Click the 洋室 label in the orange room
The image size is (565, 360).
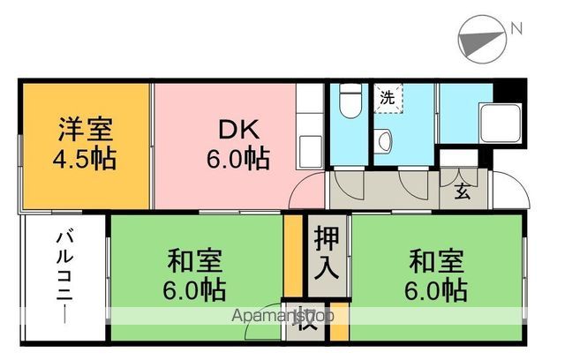coord(86,129)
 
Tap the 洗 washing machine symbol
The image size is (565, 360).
coord(387,97)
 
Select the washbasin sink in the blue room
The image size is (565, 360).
coord(383,139)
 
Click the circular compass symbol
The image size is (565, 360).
coord(483,41)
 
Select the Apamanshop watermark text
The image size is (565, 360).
coord(282,315)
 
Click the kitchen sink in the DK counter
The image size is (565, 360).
coord(310,146)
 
